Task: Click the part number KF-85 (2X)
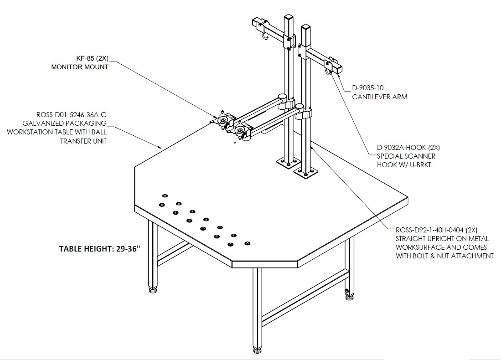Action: pyautogui.click(x=93, y=58)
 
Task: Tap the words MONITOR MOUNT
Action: pyautogui.click(x=80, y=67)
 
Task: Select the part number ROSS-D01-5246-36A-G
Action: pyautogui.click(x=71, y=114)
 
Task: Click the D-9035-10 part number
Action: pyautogui.click(x=368, y=87)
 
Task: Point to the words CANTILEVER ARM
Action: pyautogui.click(x=380, y=97)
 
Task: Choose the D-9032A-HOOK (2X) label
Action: pyautogui.click(x=408, y=147)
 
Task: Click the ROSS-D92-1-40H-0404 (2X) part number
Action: pyautogui.click(x=436, y=230)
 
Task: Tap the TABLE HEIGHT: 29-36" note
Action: pyautogui.click(x=100, y=249)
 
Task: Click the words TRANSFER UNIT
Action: pyautogui.click(x=83, y=141)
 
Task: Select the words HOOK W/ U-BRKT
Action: pyautogui.click(x=404, y=165)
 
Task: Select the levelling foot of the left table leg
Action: pyautogui.click(x=153, y=290)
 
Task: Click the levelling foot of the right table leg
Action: pyautogui.click(x=349, y=297)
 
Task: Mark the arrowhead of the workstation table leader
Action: pyautogui.click(x=160, y=147)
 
